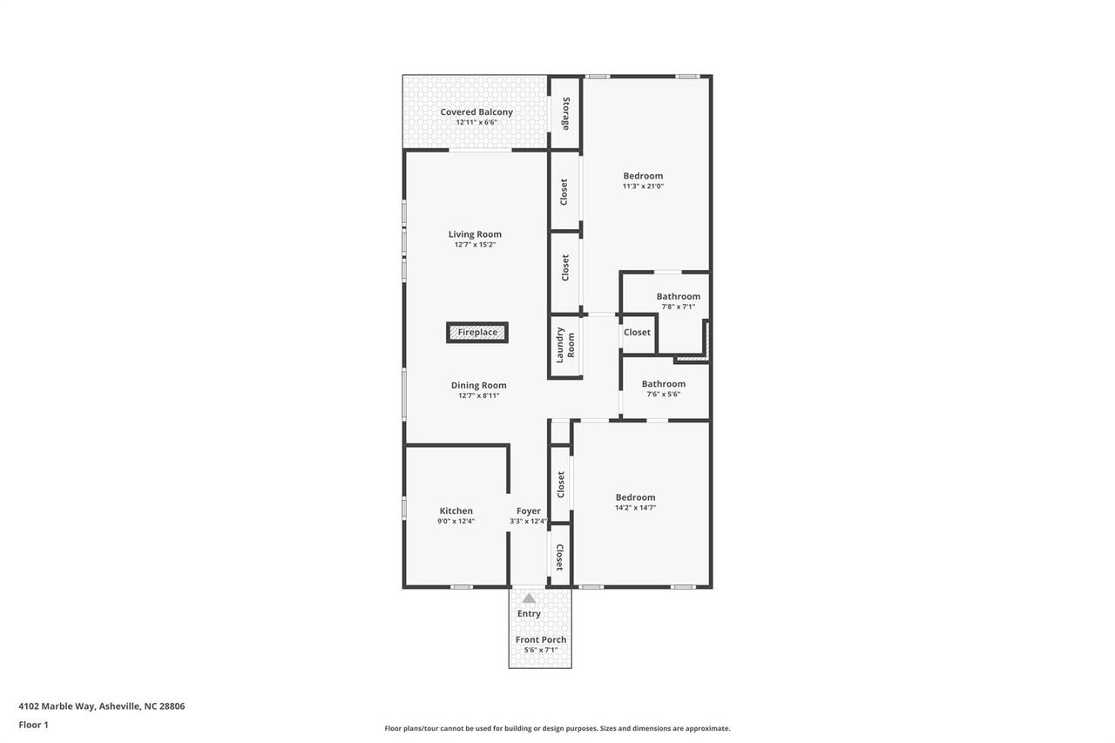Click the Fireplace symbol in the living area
point(477,332)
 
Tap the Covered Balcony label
point(476,111)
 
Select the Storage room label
point(565,113)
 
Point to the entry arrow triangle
point(529,598)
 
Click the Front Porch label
point(541,639)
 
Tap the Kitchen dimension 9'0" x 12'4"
point(456,522)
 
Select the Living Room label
point(475,233)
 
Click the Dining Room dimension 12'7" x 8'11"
point(478,395)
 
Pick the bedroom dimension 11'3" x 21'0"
point(643,186)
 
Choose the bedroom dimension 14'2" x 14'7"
point(635,507)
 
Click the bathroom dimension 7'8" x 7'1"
point(678,307)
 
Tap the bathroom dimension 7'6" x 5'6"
point(663,394)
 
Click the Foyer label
point(528,511)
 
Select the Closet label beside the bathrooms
point(637,332)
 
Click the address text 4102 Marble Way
point(102,706)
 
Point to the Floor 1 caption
point(33,725)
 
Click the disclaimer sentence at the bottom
point(557,728)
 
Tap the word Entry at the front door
point(529,613)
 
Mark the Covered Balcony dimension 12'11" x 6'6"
point(476,123)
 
